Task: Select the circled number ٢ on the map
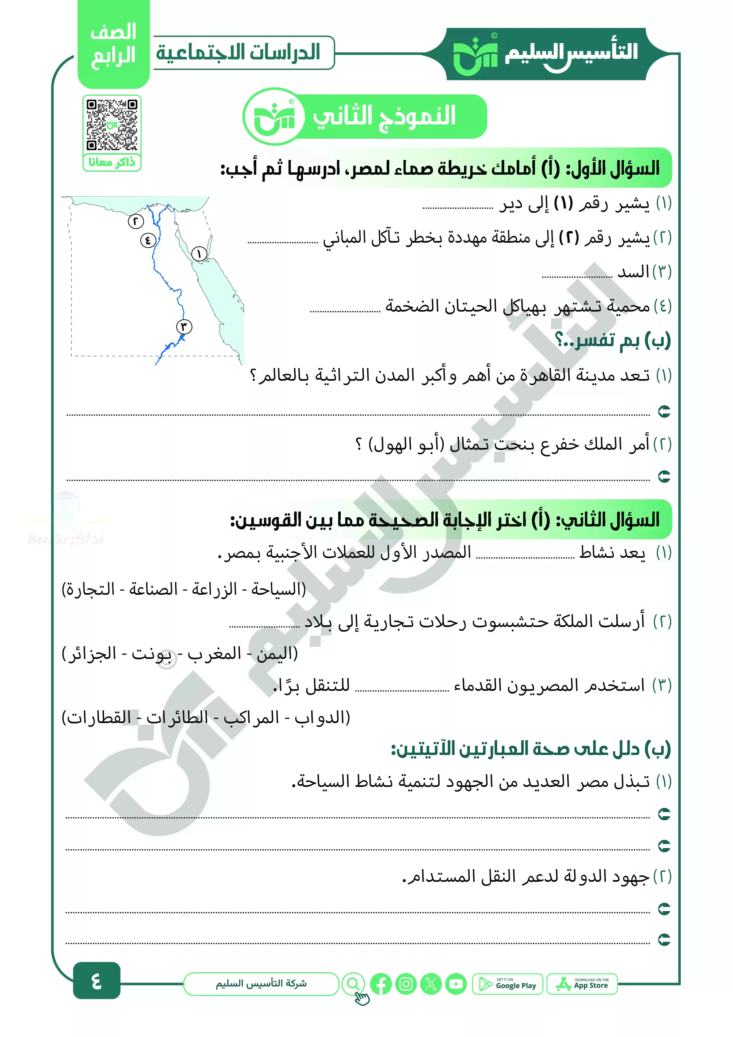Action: (135, 221)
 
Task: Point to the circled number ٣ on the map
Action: (184, 326)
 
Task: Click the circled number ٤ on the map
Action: (148, 240)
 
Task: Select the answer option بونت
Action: (151, 653)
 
